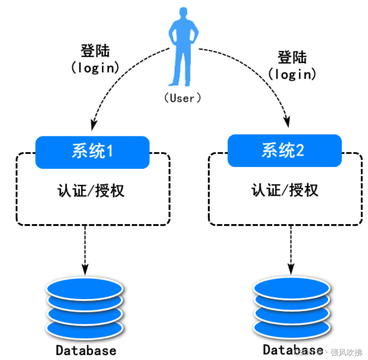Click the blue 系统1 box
click(x=92, y=152)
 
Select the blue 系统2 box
click(x=284, y=150)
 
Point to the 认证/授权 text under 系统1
click(x=91, y=191)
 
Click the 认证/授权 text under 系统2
click(x=285, y=190)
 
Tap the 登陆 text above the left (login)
click(x=95, y=51)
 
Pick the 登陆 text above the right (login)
click(x=292, y=58)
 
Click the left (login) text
click(x=95, y=67)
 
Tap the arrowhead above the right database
click(x=291, y=268)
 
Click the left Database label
click(x=86, y=350)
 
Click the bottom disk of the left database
click(x=85, y=327)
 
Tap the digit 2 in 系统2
click(x=300, y=151)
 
